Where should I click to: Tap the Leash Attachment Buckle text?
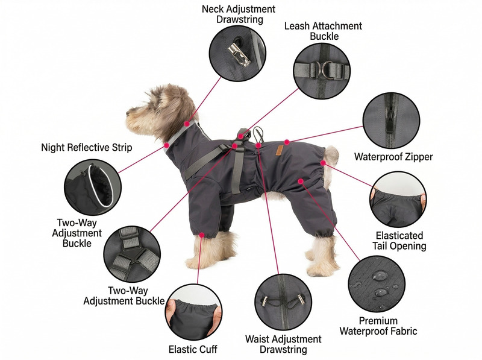pyautogui.click(x=324, y=31)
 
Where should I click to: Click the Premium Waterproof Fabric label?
pyautogui.click(x=378, y=326)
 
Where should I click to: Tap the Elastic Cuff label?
pyautogui.click(x=193, y=349)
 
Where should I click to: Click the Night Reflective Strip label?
pyautogui.click(x=86, y=147)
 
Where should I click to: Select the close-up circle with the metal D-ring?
pyautogui.click(x=322, y=70)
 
